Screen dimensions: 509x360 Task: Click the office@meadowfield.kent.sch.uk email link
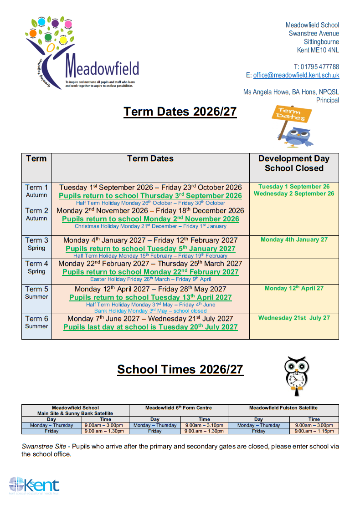click(296, 76)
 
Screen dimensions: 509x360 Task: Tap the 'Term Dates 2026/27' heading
click(180, 112)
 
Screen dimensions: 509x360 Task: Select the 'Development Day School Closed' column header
click(294, 163)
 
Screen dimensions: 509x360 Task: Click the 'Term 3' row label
click(36, 240)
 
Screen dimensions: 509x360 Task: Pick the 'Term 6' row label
click(36, 319)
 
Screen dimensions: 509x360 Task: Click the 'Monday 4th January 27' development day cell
click(294, 239)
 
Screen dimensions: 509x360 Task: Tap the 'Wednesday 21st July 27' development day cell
click(294, 318)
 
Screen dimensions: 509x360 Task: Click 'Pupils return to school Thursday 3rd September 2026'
click(150, 196)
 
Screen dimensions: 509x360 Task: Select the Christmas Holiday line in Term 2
click(150, 226)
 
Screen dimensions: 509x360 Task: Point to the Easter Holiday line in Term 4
click(150, 279)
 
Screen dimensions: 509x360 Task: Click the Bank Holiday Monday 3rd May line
click(150, 310)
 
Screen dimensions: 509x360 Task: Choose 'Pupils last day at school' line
click(150, 327)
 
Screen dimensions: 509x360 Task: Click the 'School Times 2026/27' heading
click(180, 369)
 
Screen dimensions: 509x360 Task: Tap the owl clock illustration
click(295, 376)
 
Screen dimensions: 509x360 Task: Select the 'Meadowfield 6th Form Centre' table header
click(179, 407)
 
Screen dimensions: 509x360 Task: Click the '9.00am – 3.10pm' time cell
click(204, 425)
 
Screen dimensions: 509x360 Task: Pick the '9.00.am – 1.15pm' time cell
click(314, 431)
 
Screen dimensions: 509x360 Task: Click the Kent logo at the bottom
click(34, 485)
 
